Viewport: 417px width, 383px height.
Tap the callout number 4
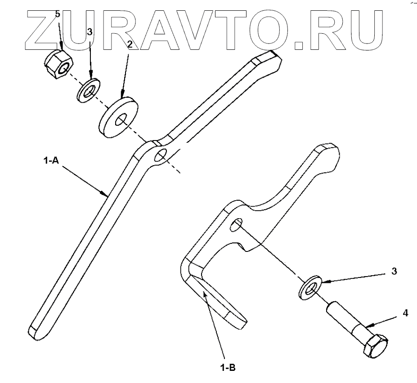point(405,313)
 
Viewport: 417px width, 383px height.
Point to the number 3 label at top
point(90,32)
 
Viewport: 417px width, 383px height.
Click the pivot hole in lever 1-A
point(160,155)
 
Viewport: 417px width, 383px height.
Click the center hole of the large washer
point(121,120)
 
